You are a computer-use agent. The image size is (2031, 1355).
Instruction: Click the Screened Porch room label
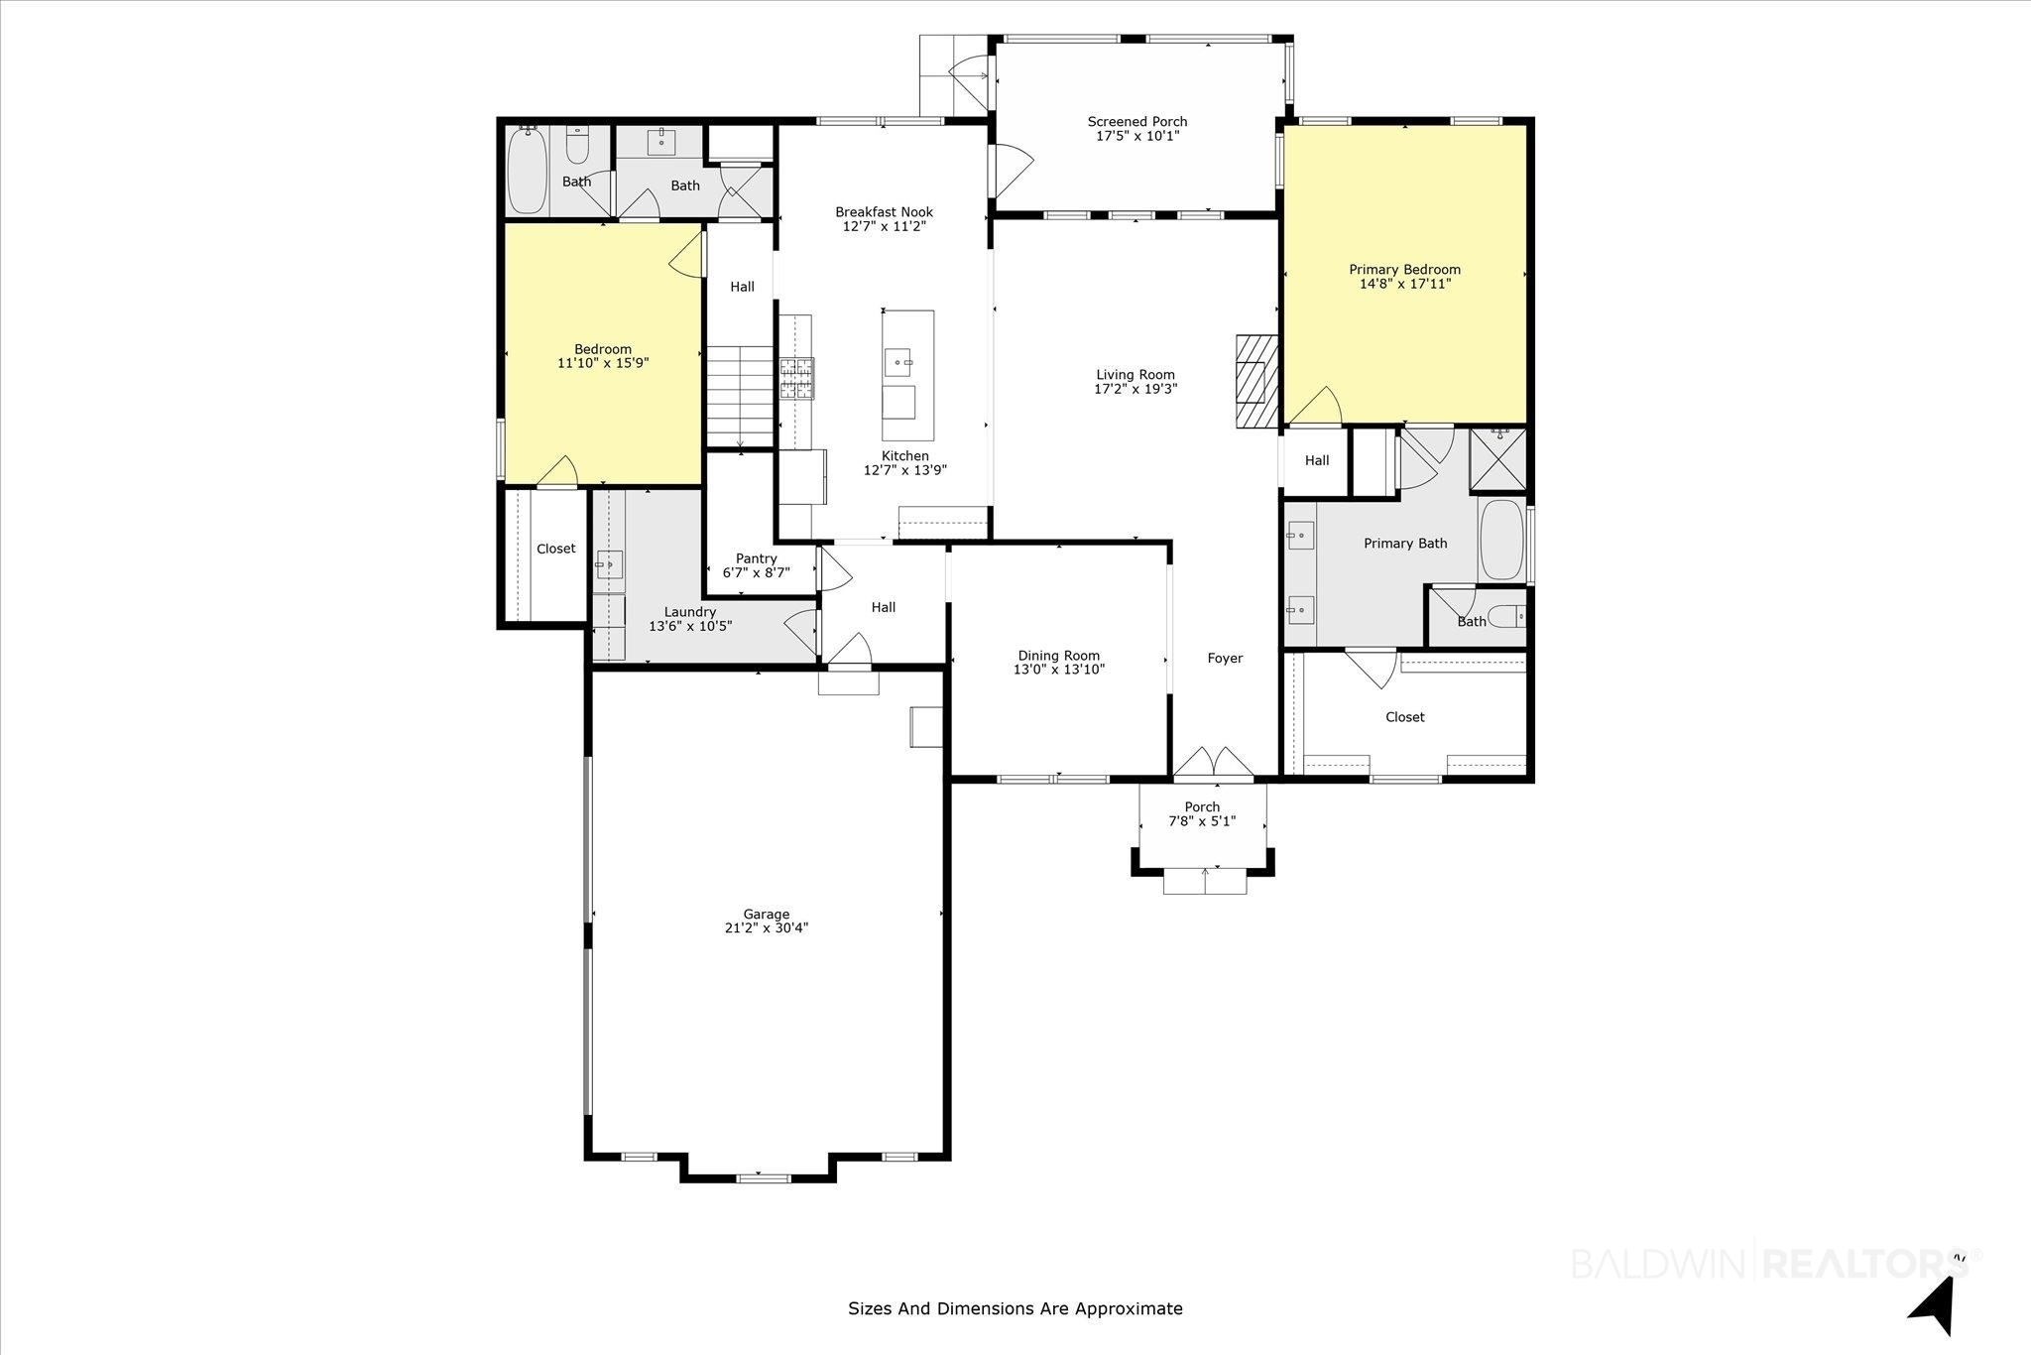(x=1136, y=122)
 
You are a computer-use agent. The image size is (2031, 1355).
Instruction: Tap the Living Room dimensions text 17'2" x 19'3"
(x=1135, y=389)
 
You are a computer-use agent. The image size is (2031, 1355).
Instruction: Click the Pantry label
(x=756, y=558)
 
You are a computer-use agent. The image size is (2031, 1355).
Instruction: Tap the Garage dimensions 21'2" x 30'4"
(x=767, y=928)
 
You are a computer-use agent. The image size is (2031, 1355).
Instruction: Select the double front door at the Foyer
(x=1214, y=761)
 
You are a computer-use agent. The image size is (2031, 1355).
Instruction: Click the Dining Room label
(x=1058, y=656)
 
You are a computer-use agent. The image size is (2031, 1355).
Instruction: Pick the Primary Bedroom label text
(x=1404, y=270)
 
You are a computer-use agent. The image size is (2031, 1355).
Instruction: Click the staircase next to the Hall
(x=740, y=396)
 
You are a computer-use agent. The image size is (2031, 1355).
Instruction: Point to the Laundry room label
(x=689, y=612)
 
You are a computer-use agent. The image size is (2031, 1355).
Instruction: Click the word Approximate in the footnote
(x=1132, y=1308)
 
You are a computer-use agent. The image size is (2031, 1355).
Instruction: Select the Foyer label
(x=1225, y=659)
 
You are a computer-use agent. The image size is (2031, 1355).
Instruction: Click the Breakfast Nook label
(x=884, y=212)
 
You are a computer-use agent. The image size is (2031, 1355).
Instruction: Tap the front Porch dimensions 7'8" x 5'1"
(x=1202, y=821)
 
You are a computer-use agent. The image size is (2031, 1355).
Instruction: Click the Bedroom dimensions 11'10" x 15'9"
(x=603, y=363)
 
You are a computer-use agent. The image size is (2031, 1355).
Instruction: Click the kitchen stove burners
(x=796, y=378)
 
